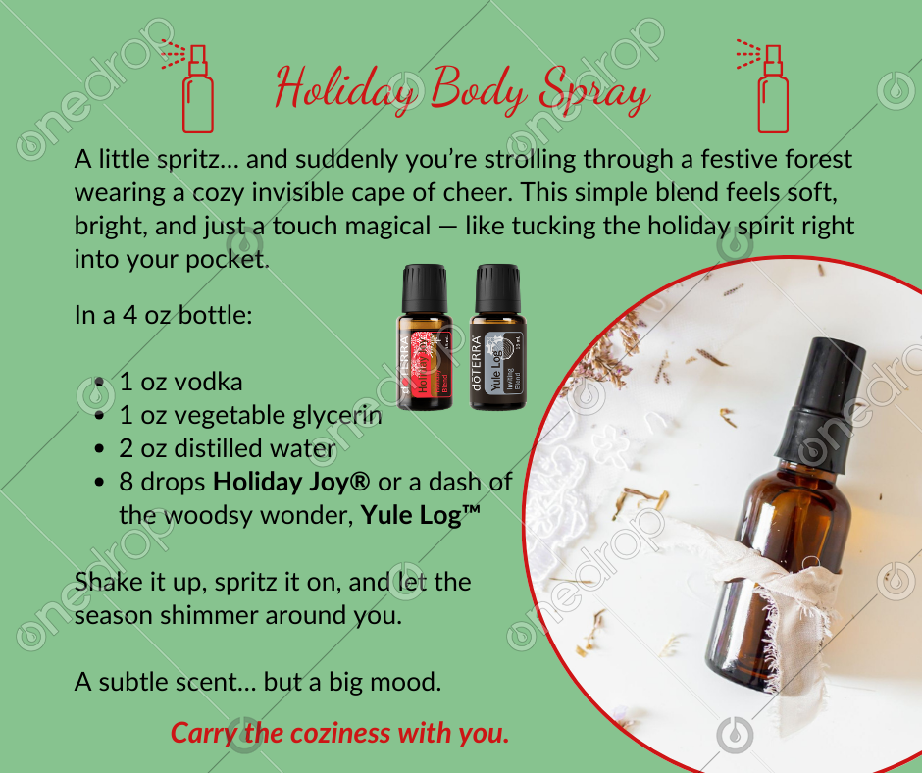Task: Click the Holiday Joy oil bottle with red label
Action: click(x=424, y=337)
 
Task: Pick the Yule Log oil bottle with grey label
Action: click(x=497, y=337)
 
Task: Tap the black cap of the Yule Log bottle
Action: click(x=498, y=288)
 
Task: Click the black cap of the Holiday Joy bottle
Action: click(x=425, y=288)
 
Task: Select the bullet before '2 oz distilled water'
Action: click(x=99, y=449)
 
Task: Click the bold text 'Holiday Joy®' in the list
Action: click(x=291, y=483)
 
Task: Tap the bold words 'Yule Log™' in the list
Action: click(x=421, y=517)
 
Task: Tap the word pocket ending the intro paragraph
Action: click(x=228, y=260)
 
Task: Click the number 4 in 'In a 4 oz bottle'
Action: click(x=129, y=316)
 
